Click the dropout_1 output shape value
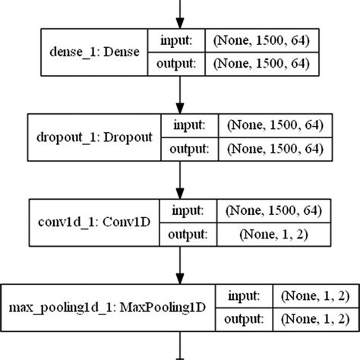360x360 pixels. point(270,149)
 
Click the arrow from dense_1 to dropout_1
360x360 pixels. point(180,94)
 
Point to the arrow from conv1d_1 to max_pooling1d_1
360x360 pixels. point(180,265)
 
